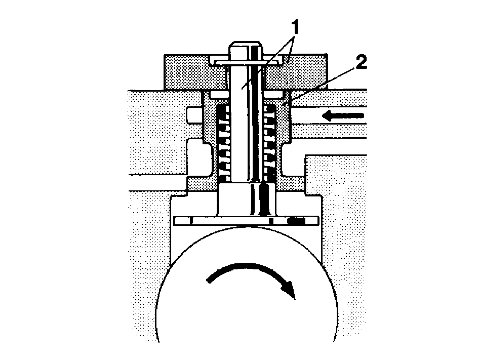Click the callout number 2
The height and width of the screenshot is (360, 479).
pyautogui.click(x=361, y=63)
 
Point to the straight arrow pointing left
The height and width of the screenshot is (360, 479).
pyautogui.click(x=343, y=116)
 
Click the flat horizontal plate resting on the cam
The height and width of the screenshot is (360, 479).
pyautogui.click(x=246, y=221)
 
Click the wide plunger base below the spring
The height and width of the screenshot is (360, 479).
pyautogui.click(x=246, y=199)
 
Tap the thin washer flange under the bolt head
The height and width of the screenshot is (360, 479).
pyautogui.click(x=246, y=62)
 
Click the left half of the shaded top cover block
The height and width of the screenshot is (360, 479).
pyautogui.click(x=195, y=72)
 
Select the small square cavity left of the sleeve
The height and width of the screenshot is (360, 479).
pyautogui.click(x=193, y=116)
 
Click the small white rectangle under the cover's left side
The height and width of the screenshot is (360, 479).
pyautogui.click(x=219, y=95)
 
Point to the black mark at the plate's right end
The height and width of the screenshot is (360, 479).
pyautogui.click(x=296, y=220)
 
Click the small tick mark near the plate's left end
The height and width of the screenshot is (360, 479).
pyautogui.click(x=191, y=221)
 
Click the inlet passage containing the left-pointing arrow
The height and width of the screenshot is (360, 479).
pyautogui.click(x=329, y=123)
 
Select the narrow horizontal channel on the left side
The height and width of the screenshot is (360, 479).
pyautogui.click(x=159, y=183)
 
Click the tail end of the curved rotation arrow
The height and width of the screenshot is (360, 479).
pyautogui.click(x=209, y=280)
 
